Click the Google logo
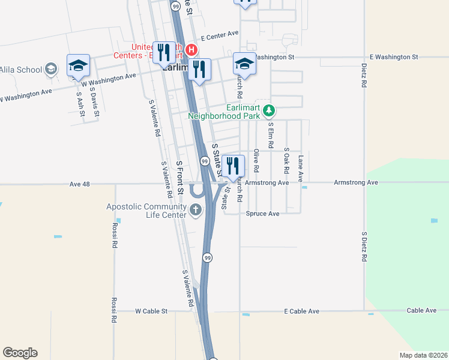(20, 353)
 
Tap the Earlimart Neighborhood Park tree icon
(270, 110)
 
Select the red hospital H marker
(191, 49)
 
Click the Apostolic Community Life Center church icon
(196, 210)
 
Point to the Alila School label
(21, 70)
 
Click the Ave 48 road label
(79, 184)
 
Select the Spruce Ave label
(262, 214)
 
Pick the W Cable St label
(151, 311)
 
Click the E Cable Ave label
(301, 311)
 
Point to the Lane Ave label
(301, 165)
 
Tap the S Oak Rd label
(286, 158)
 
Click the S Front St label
(179, 178)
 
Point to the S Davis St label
(93, 96)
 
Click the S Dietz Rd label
(364, 247)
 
